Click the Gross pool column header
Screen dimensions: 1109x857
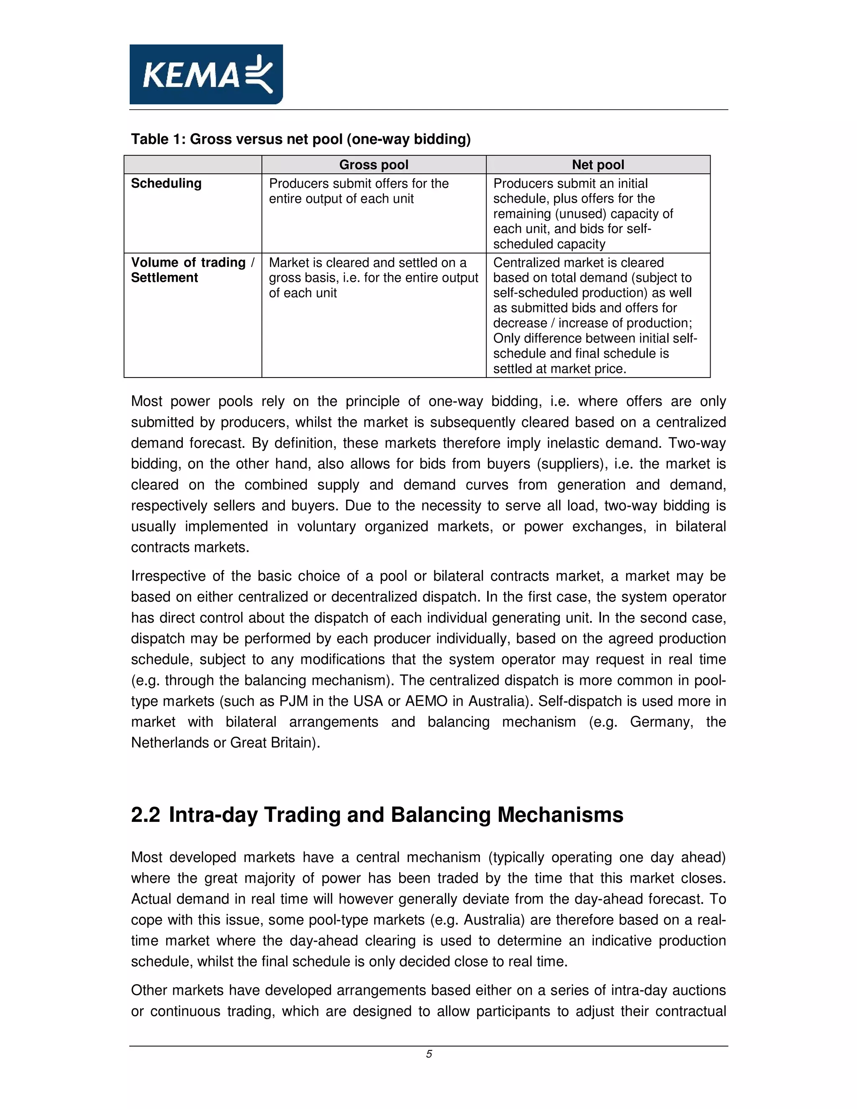pyautogui.click(x=374, y=164)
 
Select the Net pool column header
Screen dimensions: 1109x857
pyautogui.click(x=598, y=164)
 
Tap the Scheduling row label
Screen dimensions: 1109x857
pyautogui.click(x=166, y=183)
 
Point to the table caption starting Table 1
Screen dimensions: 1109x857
pyautogui.click(x=300, y=139)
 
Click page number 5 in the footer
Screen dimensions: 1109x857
pyautogui.click(x=428, y=1054)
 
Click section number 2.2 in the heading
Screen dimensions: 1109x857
pyautogui.click(x=145, y=815)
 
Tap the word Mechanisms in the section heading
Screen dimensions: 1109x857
pyautogui.click(x=560, y=815)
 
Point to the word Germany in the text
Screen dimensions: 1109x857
pyautogui.click(x=661, y=722)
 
